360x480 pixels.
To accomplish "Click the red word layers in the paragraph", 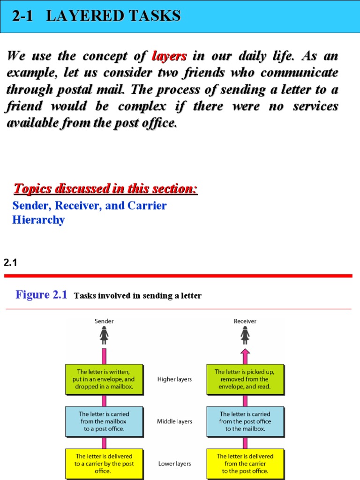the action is [169, 56].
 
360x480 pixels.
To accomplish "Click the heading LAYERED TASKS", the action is [113, 15].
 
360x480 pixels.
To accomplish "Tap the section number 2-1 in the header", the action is [22, 15].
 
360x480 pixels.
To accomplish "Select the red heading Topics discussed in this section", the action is [105, 188].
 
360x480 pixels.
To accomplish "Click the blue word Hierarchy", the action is [38, 220].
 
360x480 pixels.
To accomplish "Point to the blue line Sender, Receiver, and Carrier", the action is [90, 205].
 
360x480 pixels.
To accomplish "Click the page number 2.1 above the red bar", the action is [10, 262].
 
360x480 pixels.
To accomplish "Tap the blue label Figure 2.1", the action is [41, 294].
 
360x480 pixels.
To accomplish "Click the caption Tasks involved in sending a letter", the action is [138, 296].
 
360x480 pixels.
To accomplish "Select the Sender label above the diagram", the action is [104, 321].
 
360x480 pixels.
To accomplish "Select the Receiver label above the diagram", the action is [245, 321].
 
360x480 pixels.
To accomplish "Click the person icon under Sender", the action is [104, 335].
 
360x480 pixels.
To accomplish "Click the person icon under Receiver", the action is [245, 335].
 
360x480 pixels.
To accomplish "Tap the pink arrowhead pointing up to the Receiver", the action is [245, 352].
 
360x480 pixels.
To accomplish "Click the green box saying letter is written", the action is [104, 379].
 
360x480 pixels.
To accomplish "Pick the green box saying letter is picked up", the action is [245, 379].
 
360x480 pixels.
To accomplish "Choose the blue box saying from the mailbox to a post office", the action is [104, 421].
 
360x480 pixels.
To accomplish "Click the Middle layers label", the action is [174, 421].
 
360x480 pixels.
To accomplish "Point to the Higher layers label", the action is [174, 379].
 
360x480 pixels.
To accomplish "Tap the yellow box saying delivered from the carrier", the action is [245, 464].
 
